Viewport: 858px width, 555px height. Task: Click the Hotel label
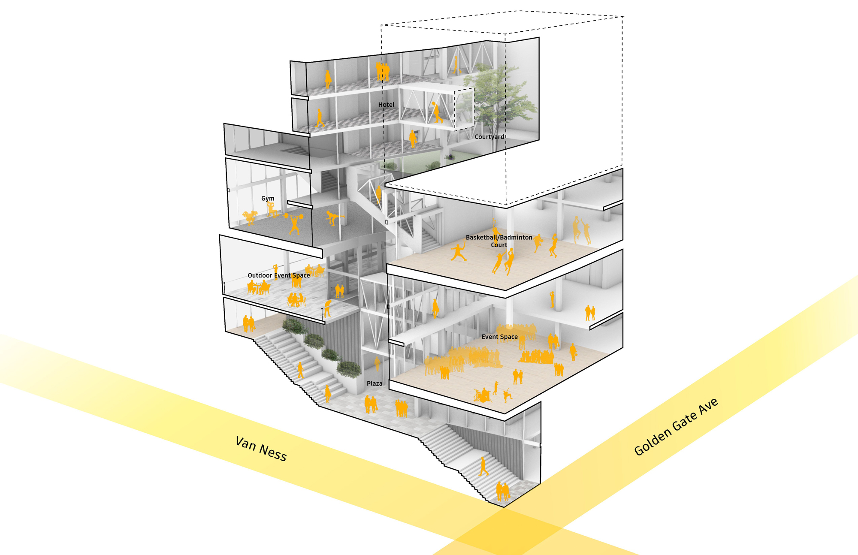(x=386, y=105)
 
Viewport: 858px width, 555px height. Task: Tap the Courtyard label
(x=489, y=137)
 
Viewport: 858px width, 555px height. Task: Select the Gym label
(x=268, y=198)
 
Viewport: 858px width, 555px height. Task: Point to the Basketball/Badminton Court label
(x=499, y=241)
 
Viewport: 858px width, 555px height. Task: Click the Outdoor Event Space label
(x=278, y=275)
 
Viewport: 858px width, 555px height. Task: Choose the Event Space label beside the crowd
(x=499, y=337)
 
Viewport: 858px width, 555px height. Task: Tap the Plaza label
(x=374, y=383)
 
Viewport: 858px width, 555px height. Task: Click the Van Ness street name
(x=261, y=448)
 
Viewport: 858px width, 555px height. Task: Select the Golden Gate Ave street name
(x=676, y=426)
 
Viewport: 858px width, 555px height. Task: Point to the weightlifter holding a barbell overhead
(x=295, y=223)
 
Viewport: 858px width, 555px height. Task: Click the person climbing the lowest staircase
(x=483, y=466)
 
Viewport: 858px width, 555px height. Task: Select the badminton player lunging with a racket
(x=459, y=252)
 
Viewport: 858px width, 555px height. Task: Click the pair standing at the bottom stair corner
(x=502, y=491)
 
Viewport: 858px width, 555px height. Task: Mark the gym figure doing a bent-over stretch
(x=332, y=217)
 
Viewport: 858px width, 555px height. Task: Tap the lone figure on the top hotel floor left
(x=328, y=79)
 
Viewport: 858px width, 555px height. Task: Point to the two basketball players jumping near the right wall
(x=581, y=230)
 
